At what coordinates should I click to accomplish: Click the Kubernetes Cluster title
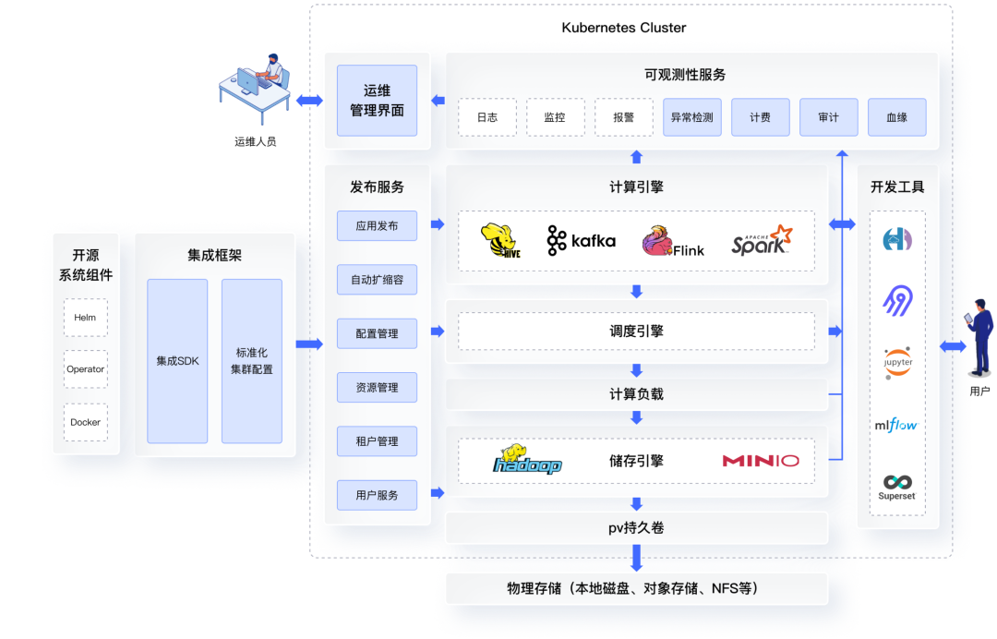(623, 28)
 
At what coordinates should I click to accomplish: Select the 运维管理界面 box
(377, 101)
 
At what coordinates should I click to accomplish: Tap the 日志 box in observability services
(487, 117)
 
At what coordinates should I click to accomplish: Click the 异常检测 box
(691, 117)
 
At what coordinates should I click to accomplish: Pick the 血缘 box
(896, 117)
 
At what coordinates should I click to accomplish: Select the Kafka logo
(581, 240)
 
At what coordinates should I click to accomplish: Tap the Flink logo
(673, 241)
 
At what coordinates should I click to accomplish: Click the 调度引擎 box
(636, 332)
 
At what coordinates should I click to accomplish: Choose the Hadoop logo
(527, 460)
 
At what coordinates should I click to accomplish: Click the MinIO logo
(761, 461)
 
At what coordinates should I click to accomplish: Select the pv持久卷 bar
(636, 528)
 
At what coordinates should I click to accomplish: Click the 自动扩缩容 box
(377, 279)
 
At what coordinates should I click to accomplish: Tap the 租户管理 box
(377, 441)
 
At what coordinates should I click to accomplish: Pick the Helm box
(85, 317)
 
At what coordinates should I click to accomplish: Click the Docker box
(85, 422)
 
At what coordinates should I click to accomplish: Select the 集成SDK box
(177, 361)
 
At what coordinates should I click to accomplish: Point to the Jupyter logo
(897, 360)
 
